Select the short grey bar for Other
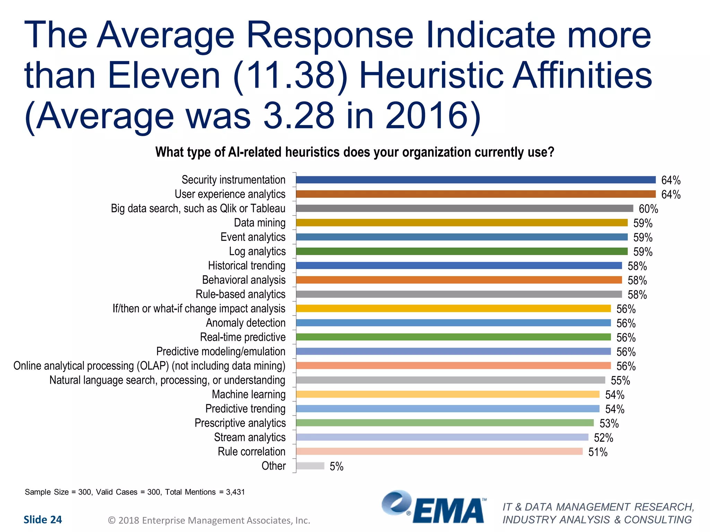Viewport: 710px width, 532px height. [x=310, y=466]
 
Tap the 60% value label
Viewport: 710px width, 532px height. [x=648, y=209]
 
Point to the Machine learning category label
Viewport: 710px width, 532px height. [x=249, y=394]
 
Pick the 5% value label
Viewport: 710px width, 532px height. [x=336, y=467]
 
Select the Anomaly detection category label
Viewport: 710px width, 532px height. [x=245, y=323]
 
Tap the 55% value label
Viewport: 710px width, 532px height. [x=620, y=381]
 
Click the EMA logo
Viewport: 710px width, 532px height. [x=433, y=508]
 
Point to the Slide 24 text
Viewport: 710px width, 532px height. [x=43, y=520]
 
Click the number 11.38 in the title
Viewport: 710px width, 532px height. [x=291, y=75]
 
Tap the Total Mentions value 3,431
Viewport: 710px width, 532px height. [x=235, y=492]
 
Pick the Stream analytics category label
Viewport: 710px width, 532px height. [x=250, y=437]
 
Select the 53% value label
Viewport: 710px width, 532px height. [x=609, y=424]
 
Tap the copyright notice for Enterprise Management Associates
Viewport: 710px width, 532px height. [x=209, y=520]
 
